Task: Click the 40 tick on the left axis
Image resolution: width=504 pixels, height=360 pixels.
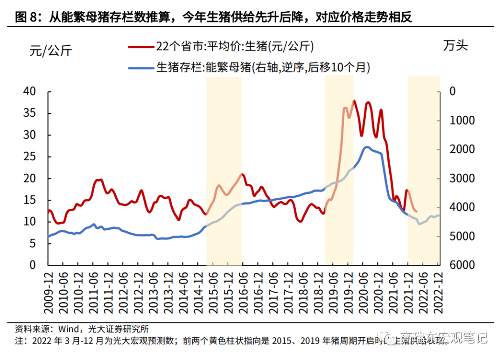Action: (29, 92)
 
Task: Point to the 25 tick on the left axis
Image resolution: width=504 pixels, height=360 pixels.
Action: (29, 156)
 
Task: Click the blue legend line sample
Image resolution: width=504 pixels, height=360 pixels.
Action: (141, 68)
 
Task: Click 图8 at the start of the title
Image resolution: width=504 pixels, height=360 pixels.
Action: (27, 18)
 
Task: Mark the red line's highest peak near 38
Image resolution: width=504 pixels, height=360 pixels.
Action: (354, 100)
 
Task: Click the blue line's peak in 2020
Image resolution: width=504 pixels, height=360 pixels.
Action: (367, 147)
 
